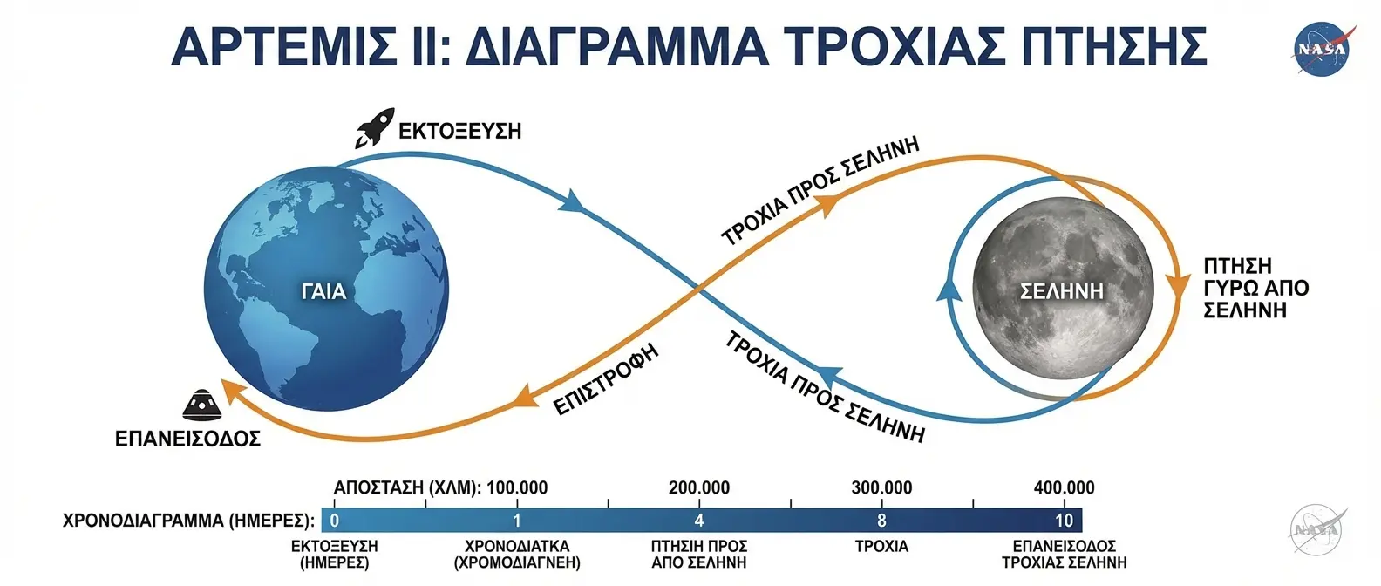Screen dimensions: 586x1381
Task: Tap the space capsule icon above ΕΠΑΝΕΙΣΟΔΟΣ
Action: click(x=203, y=403)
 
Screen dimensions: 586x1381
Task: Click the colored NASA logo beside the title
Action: click(x=1323, y=49)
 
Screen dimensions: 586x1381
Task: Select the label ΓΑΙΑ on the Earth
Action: click(x=323, y=291)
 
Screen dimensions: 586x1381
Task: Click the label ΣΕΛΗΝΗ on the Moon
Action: click(x=1061, y=291)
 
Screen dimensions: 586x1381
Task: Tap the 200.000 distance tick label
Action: click(x=699, y=487)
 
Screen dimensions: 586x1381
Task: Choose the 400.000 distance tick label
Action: click(x=1064, y=487)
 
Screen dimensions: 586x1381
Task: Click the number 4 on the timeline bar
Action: click(x=699, y=521)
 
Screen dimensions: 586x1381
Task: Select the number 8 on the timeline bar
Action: click(x=881, y=521)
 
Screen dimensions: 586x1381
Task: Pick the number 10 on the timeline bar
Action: click(x=1064, y=521)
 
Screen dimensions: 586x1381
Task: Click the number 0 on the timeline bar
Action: click(x=335, y=521)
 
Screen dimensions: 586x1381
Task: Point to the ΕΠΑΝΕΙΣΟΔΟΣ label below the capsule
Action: click(x=187, y=438)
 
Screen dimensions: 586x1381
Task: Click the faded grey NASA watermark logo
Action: click(x=1316, y=529)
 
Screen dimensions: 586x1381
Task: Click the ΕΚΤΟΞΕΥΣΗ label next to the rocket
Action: click(x=459, y=132)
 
